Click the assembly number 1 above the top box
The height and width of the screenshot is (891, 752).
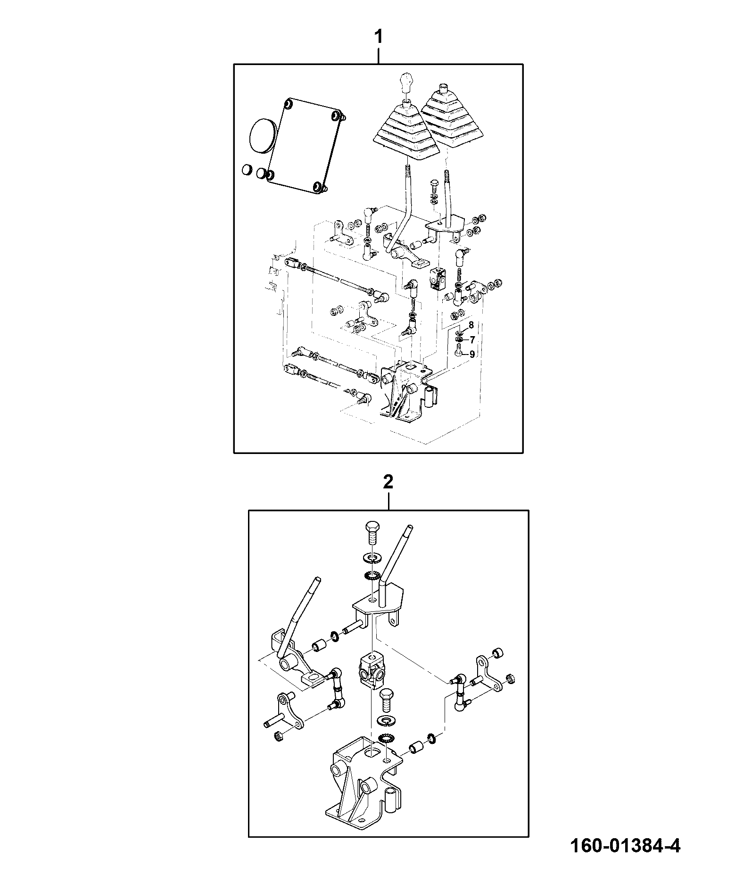pos(378,37)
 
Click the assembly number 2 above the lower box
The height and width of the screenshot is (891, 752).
pos(388,482)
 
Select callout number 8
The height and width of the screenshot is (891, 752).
pos(471,325)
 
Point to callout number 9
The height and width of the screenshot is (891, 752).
pos(471,354)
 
